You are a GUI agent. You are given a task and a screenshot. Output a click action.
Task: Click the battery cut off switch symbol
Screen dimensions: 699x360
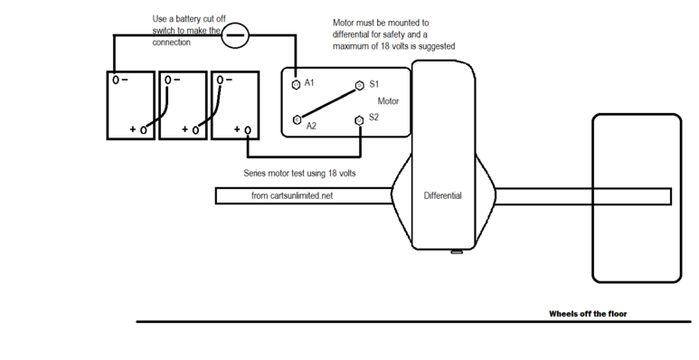[235, 35]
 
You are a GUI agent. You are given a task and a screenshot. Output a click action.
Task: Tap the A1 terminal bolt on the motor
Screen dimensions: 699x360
[296, 84]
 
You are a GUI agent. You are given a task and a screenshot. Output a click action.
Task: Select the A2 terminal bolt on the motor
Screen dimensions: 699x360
[297, 119]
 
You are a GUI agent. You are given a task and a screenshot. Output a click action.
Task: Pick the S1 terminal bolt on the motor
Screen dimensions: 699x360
[359, 85]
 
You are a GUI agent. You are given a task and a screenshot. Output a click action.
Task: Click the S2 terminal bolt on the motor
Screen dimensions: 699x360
[359, 120]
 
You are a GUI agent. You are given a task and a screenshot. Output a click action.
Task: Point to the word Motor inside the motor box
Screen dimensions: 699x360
[388, 101]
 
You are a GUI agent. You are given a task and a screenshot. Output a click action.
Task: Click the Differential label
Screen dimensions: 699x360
[443, 195]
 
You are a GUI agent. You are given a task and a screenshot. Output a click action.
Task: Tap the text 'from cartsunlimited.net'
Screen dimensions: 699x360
[292, 195]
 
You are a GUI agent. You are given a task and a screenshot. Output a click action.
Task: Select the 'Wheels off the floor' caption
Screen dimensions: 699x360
[588, 314]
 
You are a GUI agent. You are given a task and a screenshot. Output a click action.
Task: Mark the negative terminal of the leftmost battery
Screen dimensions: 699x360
[116, 80]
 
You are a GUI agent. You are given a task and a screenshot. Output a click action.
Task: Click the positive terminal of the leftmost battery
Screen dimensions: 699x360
[143, 130]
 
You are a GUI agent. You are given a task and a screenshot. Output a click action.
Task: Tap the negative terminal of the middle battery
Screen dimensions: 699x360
[167, 80]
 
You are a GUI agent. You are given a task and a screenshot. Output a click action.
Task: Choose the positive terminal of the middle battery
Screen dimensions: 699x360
[195, 130]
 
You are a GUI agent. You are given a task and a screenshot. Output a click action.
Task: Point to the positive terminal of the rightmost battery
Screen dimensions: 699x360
[248, 130]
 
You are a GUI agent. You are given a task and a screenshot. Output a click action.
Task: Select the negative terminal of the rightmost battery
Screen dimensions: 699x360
[220, 80]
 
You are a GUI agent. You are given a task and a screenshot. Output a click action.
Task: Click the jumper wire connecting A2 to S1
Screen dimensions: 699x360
[328, 102]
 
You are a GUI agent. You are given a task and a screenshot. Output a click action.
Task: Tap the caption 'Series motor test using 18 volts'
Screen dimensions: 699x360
[299, 173]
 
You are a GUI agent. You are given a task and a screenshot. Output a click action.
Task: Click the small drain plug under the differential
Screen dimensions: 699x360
[457, 252]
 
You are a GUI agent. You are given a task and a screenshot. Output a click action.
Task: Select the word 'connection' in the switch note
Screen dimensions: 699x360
[171, 43]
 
